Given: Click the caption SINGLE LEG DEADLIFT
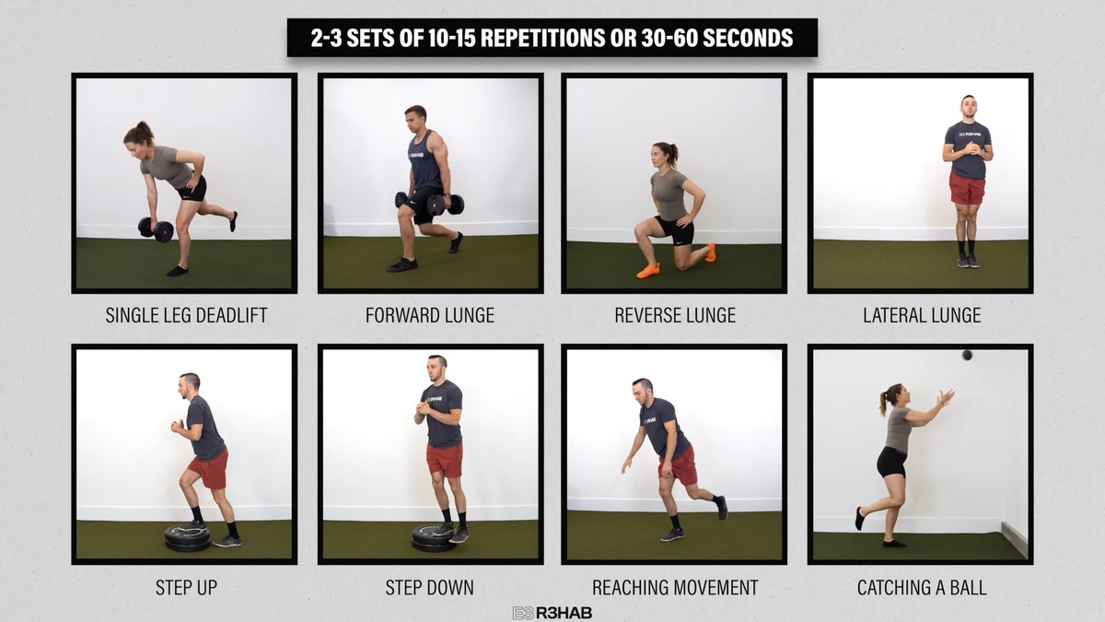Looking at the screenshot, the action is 186,315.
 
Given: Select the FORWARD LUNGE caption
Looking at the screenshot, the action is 430,315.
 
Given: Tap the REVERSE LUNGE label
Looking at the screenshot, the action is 675,315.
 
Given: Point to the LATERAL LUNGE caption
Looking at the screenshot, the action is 922,315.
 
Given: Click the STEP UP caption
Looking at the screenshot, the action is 186,588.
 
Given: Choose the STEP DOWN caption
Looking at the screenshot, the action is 429,588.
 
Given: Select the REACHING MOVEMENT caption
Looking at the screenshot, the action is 675,588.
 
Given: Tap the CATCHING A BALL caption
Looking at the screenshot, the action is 922,588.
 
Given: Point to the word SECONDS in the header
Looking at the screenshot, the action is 748,38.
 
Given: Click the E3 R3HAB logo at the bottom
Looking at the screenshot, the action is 552,613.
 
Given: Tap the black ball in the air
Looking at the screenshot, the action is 967,355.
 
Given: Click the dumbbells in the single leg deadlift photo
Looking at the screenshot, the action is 156,229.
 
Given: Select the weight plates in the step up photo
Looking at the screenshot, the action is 188,538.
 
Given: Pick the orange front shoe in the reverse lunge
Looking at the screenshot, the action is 647,271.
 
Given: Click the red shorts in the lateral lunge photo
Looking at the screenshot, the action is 967,188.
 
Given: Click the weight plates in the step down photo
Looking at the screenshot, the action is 434,538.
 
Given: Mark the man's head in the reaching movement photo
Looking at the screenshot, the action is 643,391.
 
